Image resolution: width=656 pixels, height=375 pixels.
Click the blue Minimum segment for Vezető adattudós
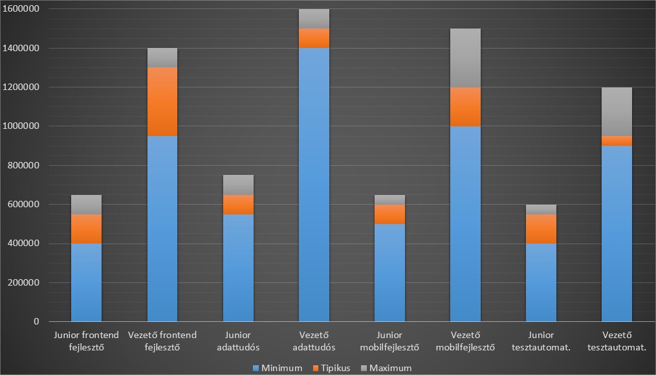[x=314, y=185]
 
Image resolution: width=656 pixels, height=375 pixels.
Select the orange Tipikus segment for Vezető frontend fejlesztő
[x=162, y=102]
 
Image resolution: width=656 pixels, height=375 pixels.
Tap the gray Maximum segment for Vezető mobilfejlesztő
[x=466, y=58]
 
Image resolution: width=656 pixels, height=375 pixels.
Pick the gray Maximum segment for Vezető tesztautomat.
[x=617, y=111]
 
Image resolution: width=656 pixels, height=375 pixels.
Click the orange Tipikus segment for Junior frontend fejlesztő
[x=86, y=229]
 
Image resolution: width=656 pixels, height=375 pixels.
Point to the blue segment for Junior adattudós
[x=238, y=267]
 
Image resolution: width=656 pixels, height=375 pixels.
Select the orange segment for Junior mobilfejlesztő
[x=389, y=214]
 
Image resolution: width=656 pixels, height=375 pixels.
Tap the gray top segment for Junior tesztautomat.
[x=541, y=209]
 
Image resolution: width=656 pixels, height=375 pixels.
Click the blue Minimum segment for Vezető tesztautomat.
[x=617, y=233]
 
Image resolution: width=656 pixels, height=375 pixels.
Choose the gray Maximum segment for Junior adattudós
[x=238, y=185]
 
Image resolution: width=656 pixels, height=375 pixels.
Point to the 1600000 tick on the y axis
[x=21, y=9]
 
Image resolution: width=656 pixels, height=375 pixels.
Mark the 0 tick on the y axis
[x=36, y=321]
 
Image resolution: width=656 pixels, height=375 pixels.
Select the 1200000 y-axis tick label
[x=21, y=87]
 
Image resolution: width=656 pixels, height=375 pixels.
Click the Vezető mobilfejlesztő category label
[x=466, y=341]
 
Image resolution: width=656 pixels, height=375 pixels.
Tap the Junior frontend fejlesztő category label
[x=86, y=341]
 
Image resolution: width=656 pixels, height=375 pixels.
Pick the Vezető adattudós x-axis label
[x=314, y=341]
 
